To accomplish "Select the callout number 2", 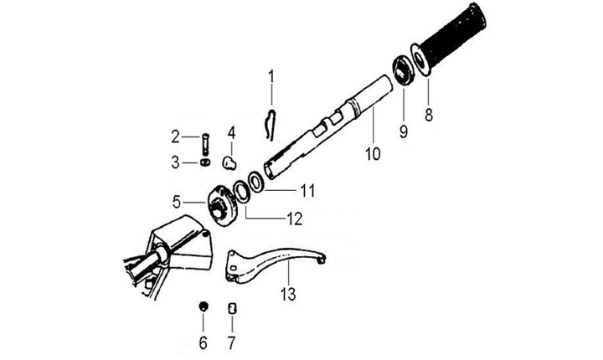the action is click(176, 136).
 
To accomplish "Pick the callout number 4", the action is click(230, 132).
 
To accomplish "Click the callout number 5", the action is click(177, 201).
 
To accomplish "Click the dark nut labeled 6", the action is click(202, 306).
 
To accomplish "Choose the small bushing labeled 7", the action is click(233, 309).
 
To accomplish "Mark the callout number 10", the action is click(373, 154).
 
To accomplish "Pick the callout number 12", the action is click(293, 220).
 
